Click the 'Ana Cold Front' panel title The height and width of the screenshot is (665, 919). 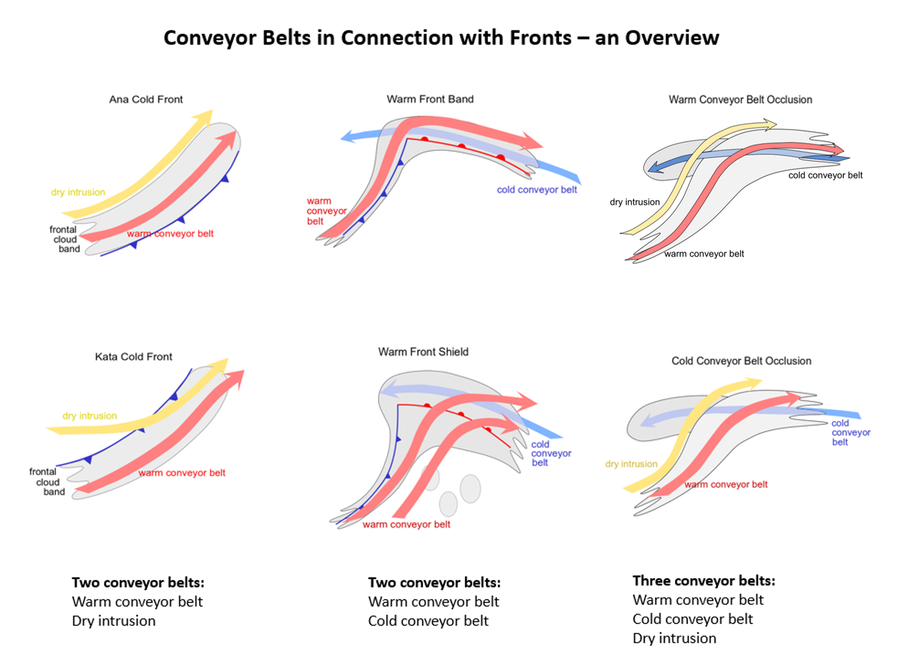tap(146, 99)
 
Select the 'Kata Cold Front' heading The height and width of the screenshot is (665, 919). tap(134, 356)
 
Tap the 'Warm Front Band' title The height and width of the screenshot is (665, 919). tap(430, 99)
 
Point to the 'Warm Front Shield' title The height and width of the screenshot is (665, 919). tap(423, 352)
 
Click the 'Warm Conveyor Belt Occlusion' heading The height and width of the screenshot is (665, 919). tap(740, 99)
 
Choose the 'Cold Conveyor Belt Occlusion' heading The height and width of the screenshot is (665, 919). tap(741, 361)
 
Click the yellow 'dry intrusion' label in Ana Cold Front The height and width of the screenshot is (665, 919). tap(78, 192)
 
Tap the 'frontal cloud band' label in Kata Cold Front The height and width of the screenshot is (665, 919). tap(46, 482)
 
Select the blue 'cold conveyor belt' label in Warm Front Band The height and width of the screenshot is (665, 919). tap(537, 190)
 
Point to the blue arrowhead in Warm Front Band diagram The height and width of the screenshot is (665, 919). tap(348, 137)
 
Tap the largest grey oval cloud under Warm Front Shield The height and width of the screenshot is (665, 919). tap(470, 488)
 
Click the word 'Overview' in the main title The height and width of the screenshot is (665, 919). tap(672, 38)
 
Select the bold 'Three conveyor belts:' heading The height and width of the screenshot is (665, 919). tap(704, 580)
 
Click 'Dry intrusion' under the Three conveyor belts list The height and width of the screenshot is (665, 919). tap(674, 638)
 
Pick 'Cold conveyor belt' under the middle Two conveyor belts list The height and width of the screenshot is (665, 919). tap(428, 621)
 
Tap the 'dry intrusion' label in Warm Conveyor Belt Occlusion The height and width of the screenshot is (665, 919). tap(635, 202)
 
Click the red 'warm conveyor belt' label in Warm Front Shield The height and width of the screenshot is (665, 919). tap(407, 524)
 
